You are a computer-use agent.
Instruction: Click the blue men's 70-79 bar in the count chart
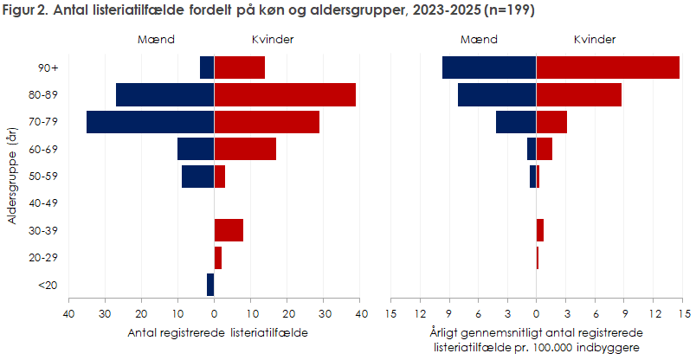click(x=150, y=122)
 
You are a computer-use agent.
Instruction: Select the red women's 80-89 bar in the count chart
click(x=285, y=95)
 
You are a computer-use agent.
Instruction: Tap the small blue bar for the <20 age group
click(x=210, y=285)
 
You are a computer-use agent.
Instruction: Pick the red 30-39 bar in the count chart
click(x=229, y=230)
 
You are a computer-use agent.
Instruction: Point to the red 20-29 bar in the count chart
click(x=218, y=258)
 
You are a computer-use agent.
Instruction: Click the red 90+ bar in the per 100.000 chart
click(x=608, y=67)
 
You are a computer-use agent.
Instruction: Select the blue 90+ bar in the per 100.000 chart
click(x=489, y=67)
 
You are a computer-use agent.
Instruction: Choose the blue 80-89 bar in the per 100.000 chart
click(x=497, y=95)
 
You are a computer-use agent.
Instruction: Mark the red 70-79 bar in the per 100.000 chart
click(x=551, y=122)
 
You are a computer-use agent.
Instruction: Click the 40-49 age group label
click(x=43, y=203)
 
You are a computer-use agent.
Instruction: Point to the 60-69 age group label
click(x=43, y=149)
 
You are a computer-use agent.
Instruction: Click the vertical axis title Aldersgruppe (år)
click(x=12, y=177)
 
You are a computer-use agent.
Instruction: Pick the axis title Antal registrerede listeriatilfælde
click(x=217, y=332)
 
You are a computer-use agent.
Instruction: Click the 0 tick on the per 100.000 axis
click(x=536, y=312)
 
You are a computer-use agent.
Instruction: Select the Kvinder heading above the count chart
click(x=272, y=40)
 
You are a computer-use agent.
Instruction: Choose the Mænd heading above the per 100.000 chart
click(x=479, y=40)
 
